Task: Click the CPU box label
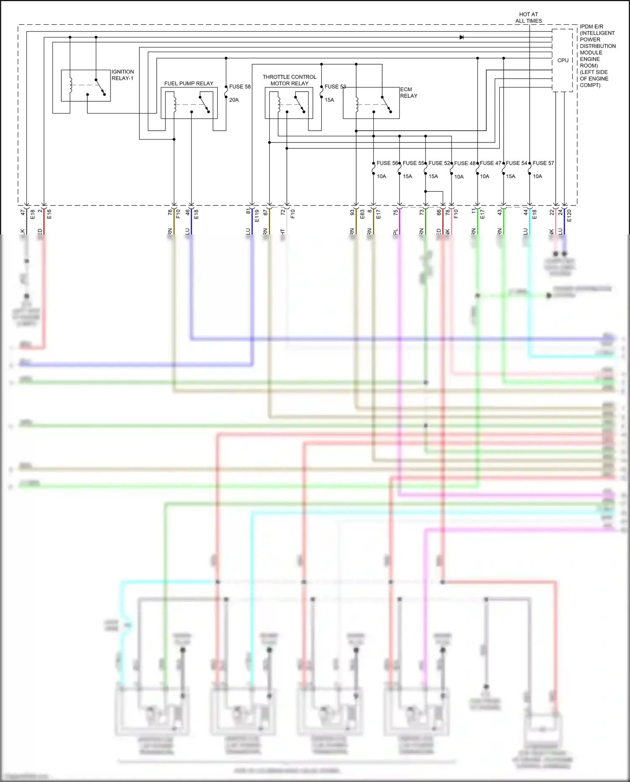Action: (563, 61)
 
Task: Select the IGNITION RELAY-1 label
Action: (123, 75)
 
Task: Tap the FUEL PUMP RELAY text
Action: (189, 84)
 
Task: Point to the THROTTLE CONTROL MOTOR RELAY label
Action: (289, 80)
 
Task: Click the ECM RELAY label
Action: (408, 93)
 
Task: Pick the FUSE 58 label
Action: (240, 87)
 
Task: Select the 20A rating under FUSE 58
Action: (234, 100)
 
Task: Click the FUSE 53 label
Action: (335, 87)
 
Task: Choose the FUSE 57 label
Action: (543, 163)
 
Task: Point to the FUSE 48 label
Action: (465, 163)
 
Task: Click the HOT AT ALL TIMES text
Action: (528, 18)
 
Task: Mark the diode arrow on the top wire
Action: (462, 37)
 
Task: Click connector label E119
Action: (257, 216)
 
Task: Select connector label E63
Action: (362, 214)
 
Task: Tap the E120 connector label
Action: (569, 216)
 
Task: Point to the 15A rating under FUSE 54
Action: (510, 176)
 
